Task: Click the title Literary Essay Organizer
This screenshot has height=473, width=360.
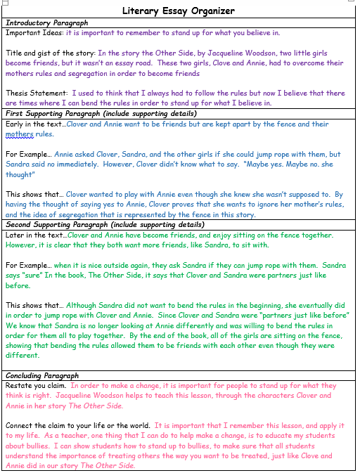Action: click(179, 11)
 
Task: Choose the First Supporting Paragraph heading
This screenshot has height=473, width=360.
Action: click(101, 114)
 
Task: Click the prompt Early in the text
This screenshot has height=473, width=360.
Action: click(35, 124)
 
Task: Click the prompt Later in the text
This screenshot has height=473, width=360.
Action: click(34, 235)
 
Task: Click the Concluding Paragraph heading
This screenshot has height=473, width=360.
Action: click(42, 377)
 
